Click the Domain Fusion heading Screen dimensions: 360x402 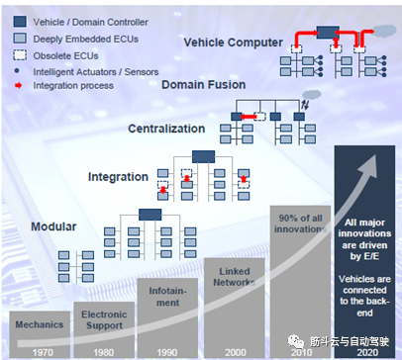(x=213, y=88)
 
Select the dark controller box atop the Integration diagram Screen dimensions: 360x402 (x=205, y=156)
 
